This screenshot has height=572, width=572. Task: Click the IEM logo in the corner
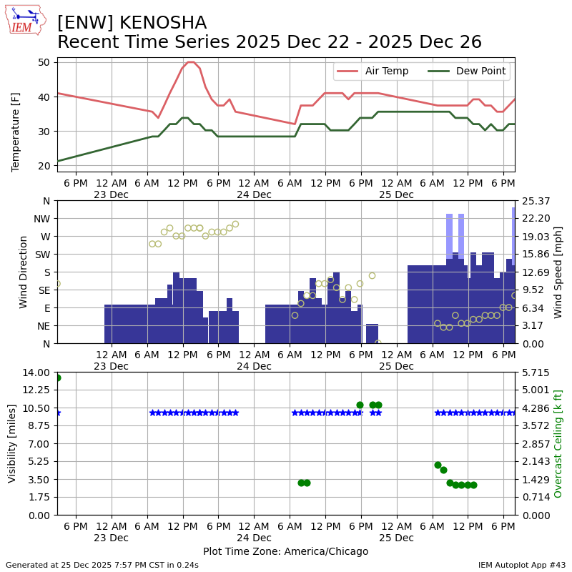coord(25,20)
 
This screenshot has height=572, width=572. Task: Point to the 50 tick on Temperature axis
coord(44,62)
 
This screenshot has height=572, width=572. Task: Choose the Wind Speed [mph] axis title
coord(558,272)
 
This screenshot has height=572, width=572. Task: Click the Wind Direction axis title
coord(24,272)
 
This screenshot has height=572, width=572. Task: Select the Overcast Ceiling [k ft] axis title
coord(558,443)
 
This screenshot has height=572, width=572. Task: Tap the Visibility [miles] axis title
coord(12,443)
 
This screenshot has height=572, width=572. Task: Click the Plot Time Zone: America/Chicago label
coord(285,551)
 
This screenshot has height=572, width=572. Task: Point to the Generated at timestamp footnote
coord(102,565)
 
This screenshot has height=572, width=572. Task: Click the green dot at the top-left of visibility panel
coord(57,378)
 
